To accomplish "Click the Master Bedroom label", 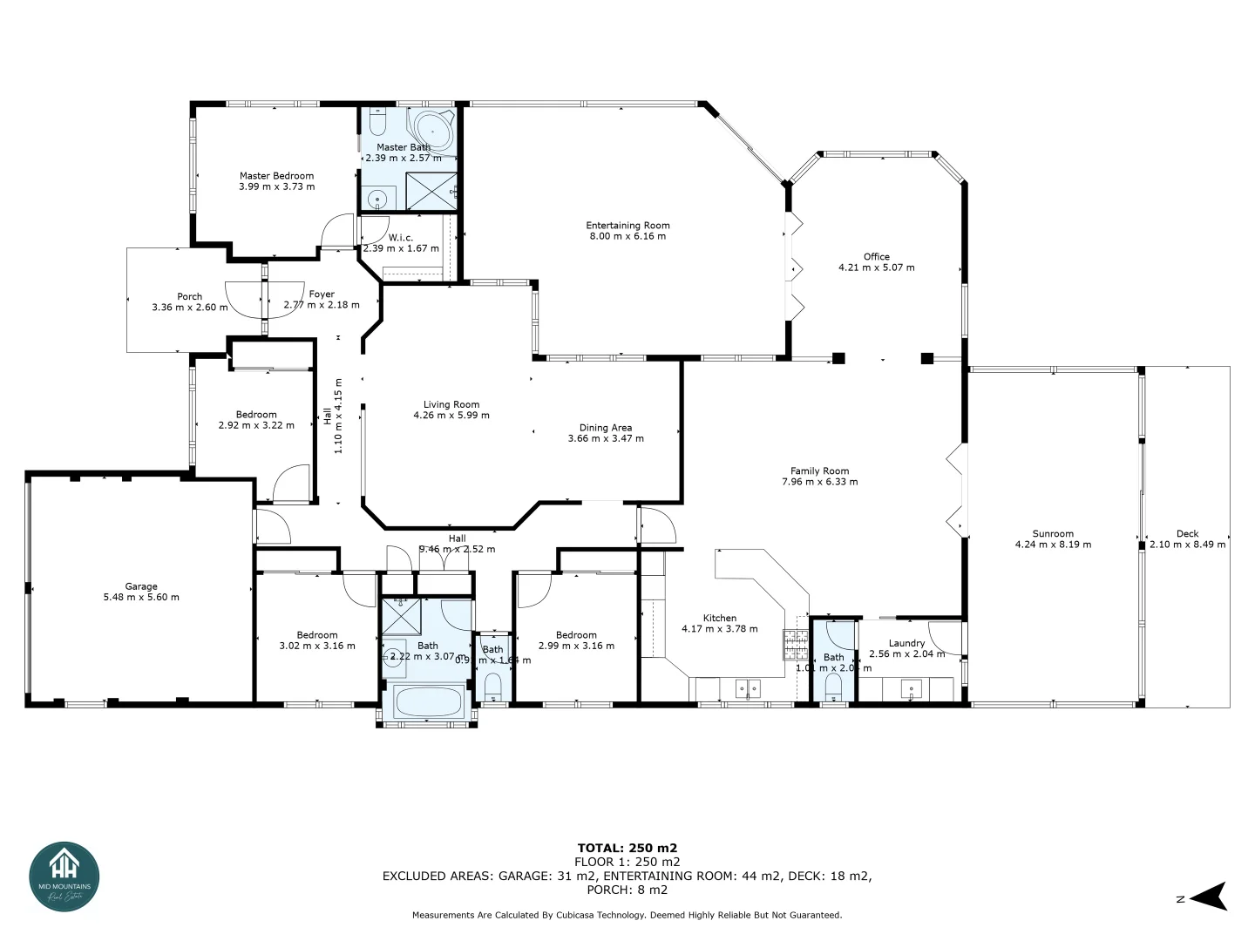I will point(276,176).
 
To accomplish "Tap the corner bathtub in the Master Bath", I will point(432,130).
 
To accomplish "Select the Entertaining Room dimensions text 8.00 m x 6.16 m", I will point(627,236).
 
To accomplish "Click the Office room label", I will point(876,257).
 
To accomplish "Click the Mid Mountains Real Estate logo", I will point(64,876).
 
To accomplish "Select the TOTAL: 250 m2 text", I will point(627,848).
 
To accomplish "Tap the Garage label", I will point(141,586).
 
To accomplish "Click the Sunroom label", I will point(1053,534).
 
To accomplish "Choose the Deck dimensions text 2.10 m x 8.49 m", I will point(1187,545).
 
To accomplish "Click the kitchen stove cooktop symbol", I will point(795,644).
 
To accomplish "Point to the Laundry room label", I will point(906,643).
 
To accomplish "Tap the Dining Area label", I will point(606,428).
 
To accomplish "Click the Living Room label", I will point(451,404).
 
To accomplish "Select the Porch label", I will point(189,296).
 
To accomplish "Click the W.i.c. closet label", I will point(401,238).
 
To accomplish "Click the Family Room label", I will point(819,470).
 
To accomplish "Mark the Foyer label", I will point(322,294).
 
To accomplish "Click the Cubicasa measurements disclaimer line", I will point(627,915).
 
